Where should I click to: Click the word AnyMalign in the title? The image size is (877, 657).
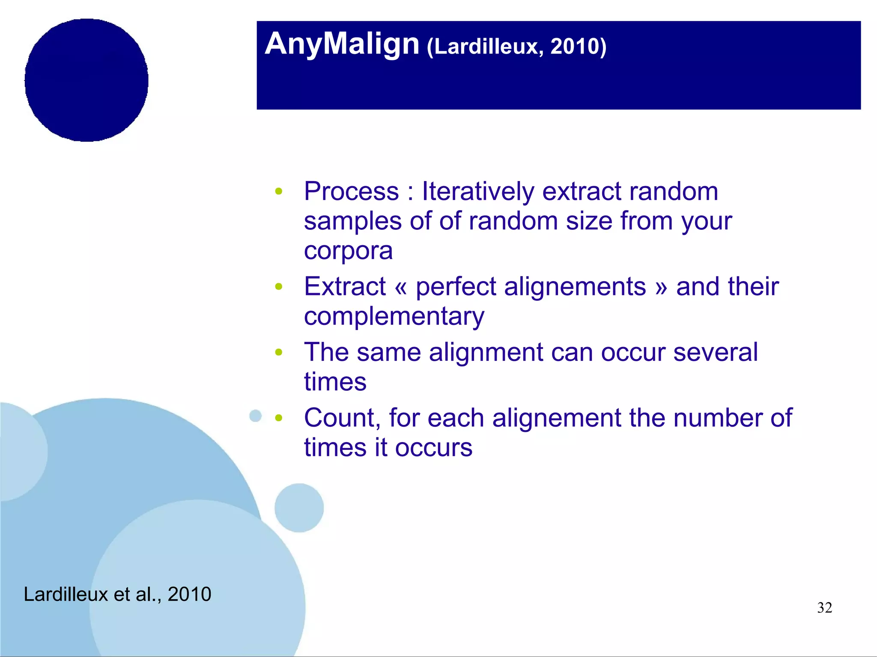(342, 44)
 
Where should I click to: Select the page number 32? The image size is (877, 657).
(824, 608)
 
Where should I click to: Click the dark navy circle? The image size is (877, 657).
(87, 80)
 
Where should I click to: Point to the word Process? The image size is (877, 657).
(351, 191)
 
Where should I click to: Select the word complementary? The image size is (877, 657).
(394, 316)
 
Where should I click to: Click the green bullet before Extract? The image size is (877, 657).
(279, 287)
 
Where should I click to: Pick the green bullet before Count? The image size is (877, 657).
(279, 418)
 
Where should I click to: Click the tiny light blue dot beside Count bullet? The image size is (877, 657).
(256, 416)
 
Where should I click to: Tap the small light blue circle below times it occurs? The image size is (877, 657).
(299, 508)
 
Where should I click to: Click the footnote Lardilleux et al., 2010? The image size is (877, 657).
(117, 594)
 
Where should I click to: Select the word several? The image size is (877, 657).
(715, 352)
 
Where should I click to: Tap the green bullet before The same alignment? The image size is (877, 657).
(279, 353)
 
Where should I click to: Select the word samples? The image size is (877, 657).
(352, 221)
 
